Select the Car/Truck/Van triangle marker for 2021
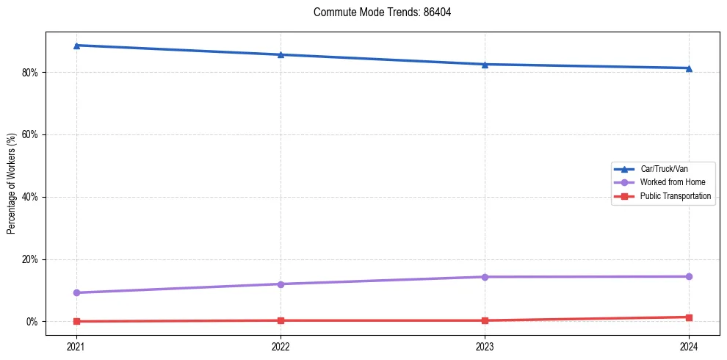(76, 46)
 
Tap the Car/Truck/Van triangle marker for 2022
(281, 54)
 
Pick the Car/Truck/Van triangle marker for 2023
(485, 64)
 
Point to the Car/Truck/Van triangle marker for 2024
(689, 68)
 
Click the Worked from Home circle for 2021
(76, 292)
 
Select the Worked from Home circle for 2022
(281, 284)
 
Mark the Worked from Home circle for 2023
(485, 277)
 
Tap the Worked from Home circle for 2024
(689, 276)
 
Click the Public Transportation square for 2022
(281, 320)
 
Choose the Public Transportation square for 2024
(689, 317)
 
